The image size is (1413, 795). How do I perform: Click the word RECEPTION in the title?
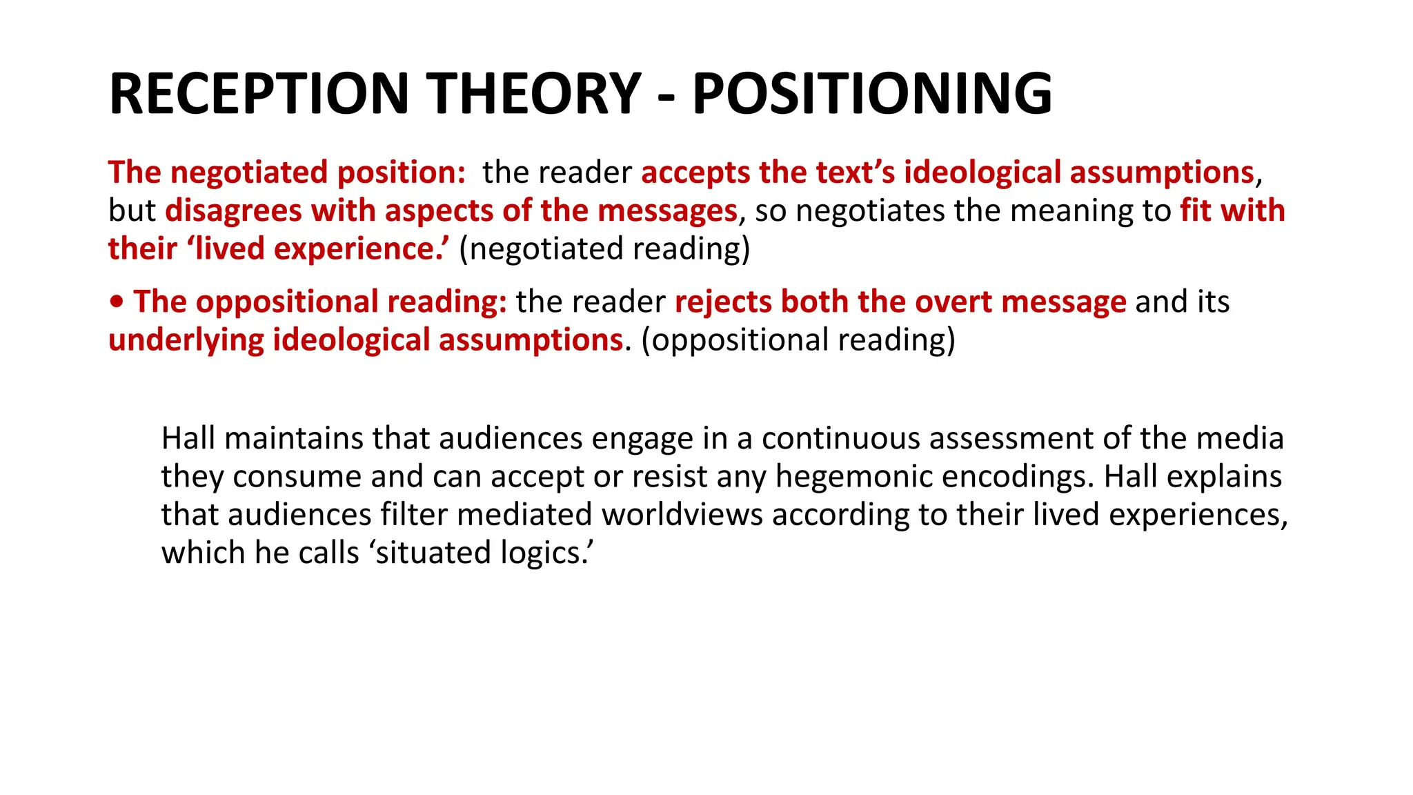pos(259,94)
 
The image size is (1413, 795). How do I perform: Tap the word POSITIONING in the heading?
pos(872,94)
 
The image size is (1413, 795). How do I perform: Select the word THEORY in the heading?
pos(534,94)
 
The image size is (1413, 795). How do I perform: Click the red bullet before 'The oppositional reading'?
pos(117,302)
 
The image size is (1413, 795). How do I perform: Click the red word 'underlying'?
pos(186,340)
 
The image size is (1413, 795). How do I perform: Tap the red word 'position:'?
pos(402,173)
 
